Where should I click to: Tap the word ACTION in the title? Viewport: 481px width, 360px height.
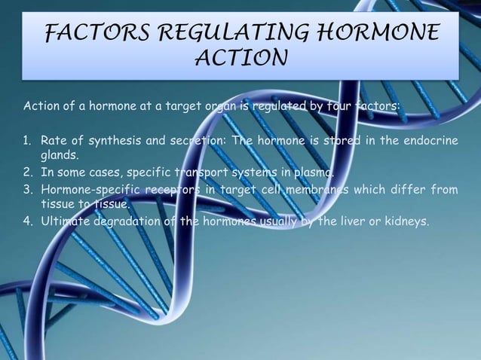coord(240,58)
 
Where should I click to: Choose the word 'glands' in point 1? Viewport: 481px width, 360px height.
coord(60,157)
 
